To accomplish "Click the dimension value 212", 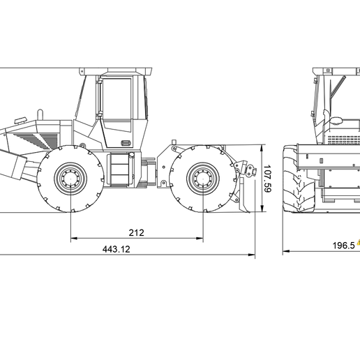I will (137, 232).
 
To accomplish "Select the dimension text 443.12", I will (117, 248).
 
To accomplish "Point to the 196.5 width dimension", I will (343, 246).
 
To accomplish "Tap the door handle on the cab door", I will (125, 143).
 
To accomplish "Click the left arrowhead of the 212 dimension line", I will (73, 239).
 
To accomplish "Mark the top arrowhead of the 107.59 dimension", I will (261, 147).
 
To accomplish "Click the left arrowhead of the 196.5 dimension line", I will (285, 252).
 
